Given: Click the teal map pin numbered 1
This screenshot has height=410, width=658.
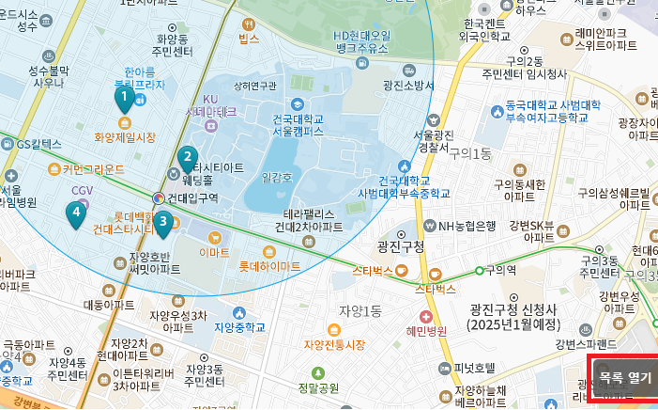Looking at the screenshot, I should [123, 97].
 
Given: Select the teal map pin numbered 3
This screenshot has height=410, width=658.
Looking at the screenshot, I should [163, 223].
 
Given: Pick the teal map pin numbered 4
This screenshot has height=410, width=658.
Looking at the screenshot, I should [76, 213].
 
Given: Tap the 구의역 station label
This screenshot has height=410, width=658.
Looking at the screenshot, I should [499, 271].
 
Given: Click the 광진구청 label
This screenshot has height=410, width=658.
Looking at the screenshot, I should [401, 246].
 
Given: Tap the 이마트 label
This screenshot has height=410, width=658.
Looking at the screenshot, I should [215, 253].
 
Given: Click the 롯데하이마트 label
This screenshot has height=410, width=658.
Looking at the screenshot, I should [269, 267].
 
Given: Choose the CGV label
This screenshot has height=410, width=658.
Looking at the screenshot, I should [83, 190].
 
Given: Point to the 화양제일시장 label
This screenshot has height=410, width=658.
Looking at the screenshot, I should [125, 137].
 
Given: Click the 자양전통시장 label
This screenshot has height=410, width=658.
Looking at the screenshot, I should [334, 345].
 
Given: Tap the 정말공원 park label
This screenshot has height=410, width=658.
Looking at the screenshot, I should [318, 387].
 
